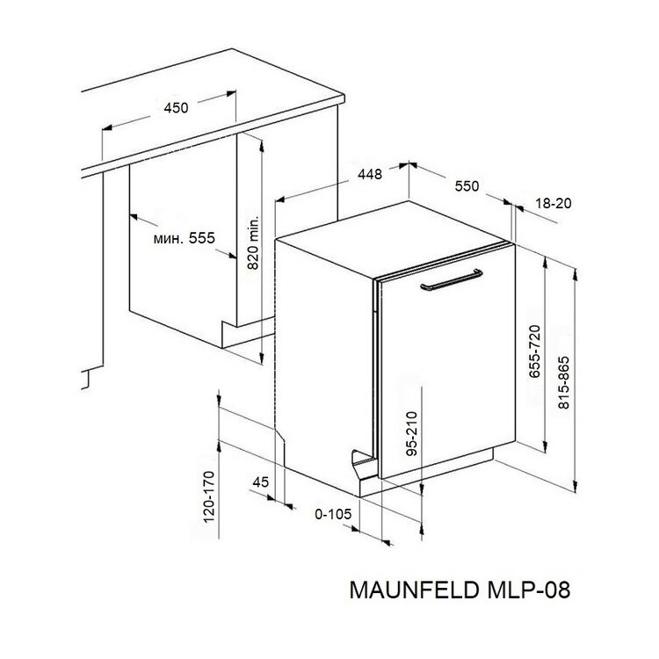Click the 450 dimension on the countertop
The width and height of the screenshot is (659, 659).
176,108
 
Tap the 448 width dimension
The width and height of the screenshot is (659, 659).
370,174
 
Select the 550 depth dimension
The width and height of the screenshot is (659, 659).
467,185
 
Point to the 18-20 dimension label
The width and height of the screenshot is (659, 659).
554,204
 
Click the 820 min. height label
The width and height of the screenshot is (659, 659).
253,243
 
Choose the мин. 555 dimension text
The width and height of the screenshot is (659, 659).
185,238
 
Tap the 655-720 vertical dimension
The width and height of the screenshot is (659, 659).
534,351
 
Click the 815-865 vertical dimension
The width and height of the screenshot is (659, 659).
563,382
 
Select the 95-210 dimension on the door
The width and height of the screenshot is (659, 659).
413,433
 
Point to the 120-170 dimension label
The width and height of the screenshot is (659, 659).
209,496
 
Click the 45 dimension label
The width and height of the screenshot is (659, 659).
261,482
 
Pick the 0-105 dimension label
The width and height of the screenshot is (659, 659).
333,514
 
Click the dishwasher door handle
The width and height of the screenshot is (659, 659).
452,280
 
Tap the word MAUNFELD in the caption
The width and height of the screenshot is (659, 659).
414,590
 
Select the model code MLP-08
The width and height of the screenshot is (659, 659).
529,590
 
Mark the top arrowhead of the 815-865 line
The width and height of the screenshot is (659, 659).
575,273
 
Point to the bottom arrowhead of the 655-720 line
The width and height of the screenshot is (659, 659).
545,446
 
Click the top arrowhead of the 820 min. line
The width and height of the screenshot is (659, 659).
262,146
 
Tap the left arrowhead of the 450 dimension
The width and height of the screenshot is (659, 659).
107,127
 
